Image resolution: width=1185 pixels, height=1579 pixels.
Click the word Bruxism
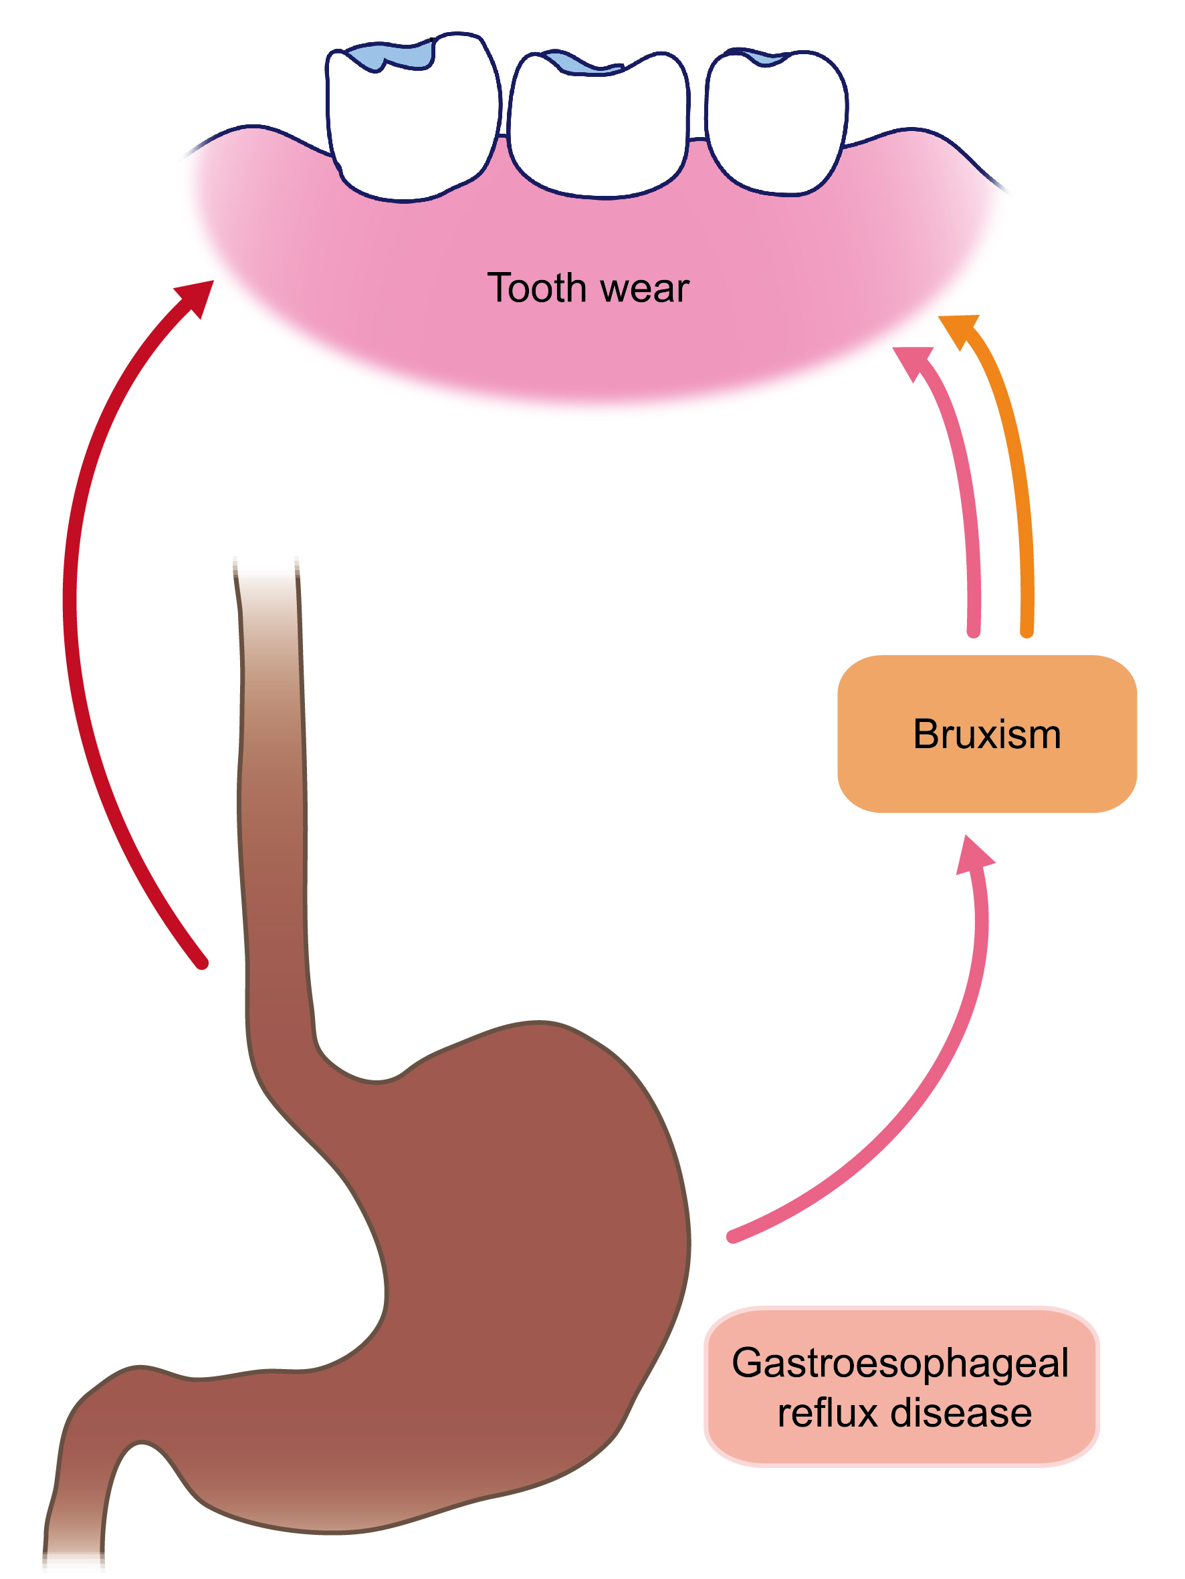(x=986, y=735)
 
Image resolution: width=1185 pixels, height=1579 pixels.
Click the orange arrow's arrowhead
(x=959, y=328)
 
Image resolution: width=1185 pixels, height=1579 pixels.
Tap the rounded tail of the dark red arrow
(x=202, y=964)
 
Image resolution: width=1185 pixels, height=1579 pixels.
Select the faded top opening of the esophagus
(x=265, y=571)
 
